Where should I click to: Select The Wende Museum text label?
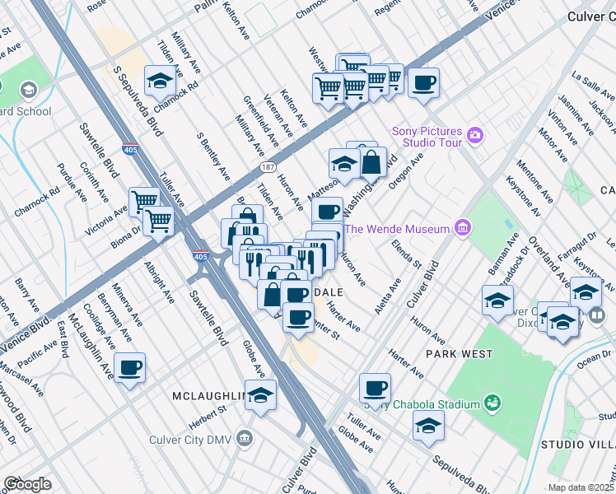397,229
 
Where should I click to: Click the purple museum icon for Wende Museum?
463,228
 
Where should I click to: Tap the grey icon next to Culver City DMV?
243,439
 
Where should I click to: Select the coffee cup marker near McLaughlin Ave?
130,368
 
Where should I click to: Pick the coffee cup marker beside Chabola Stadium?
375,387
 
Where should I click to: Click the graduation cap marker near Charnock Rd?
158,81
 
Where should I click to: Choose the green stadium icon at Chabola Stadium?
492,403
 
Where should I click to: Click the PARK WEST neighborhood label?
459,354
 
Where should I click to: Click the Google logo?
27,484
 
